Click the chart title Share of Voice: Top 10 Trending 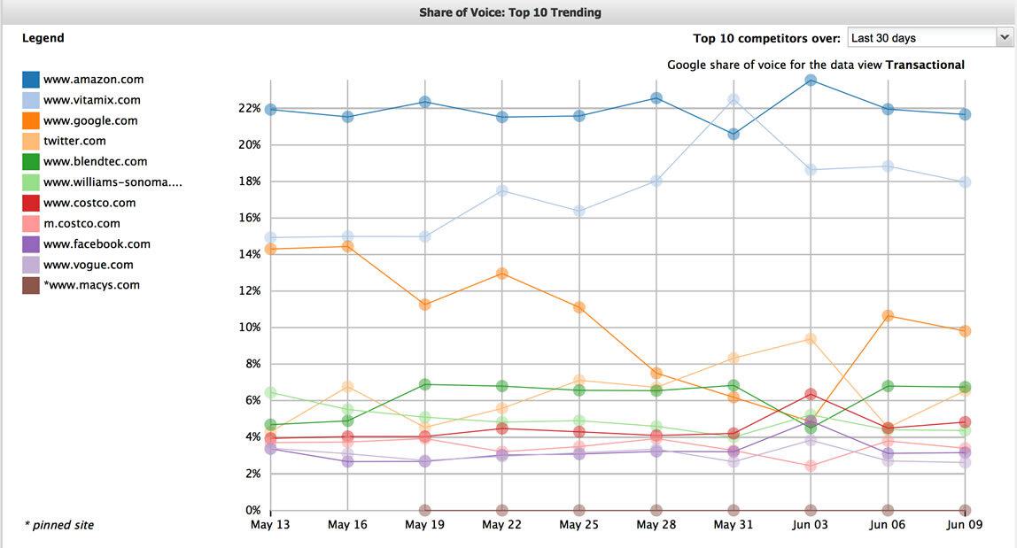(509, 12)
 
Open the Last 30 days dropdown (928, 38)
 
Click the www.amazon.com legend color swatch (31, 80)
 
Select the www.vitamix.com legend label (91, 100)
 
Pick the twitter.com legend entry (74, 141)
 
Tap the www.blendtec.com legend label (95, 161)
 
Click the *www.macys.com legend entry (91, 285)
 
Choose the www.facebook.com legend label (97, 243)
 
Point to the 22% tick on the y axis (248, 108)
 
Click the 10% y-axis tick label (248, 328)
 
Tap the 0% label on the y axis (252, 511)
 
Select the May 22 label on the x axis (501, 525)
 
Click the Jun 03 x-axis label (810, 525)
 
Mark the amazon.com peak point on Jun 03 (810, 81)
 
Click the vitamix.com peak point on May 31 (733, 100)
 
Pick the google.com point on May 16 (347, 246)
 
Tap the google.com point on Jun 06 (888, 315)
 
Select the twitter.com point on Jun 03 (810, 339)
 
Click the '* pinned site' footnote (58, 525)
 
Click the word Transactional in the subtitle (925, 65)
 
